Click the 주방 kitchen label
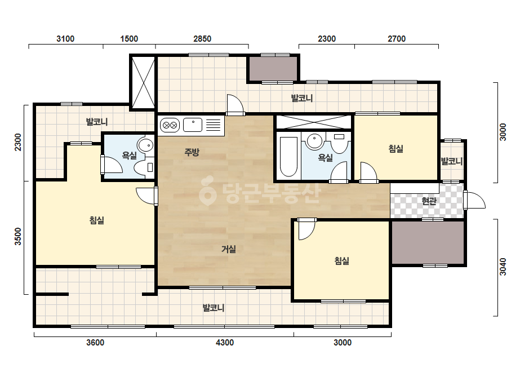pyautogui.click(x=192, y=152)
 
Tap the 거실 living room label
pyautogui.click(x=229, y=249)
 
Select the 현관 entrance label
pyautogui.click(x=429, y=201)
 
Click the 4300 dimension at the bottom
pyautogui.click(x=225, y=343)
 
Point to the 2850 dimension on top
pyautogui.click(x=202, y=39)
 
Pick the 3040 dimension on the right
pyautogui.click(x=503, y=267)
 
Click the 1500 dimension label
pyautogui.click(x=129, y=39)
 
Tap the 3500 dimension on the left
pyautogui.click(x=18, y=236)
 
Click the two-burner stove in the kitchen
pyautogui.click(x=170, y=126)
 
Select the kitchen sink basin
pyautogui.click(x=193, y=125)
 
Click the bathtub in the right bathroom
pyautogui.click(x=288, y=156)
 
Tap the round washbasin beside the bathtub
pyautogui.click(x=314, y=141)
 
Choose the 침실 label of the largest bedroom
pyautogui.click(x=97, y=220)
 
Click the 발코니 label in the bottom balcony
pyautogui.click(x=214, y=308)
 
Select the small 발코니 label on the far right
pyautogui.click(x=452, y=162)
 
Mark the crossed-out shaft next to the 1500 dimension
pyautogui.click(x=143, y=82)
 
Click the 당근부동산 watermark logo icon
pyautogui.click(x=207, y=191)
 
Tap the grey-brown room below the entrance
pyautogui.click(x=428, y=242)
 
